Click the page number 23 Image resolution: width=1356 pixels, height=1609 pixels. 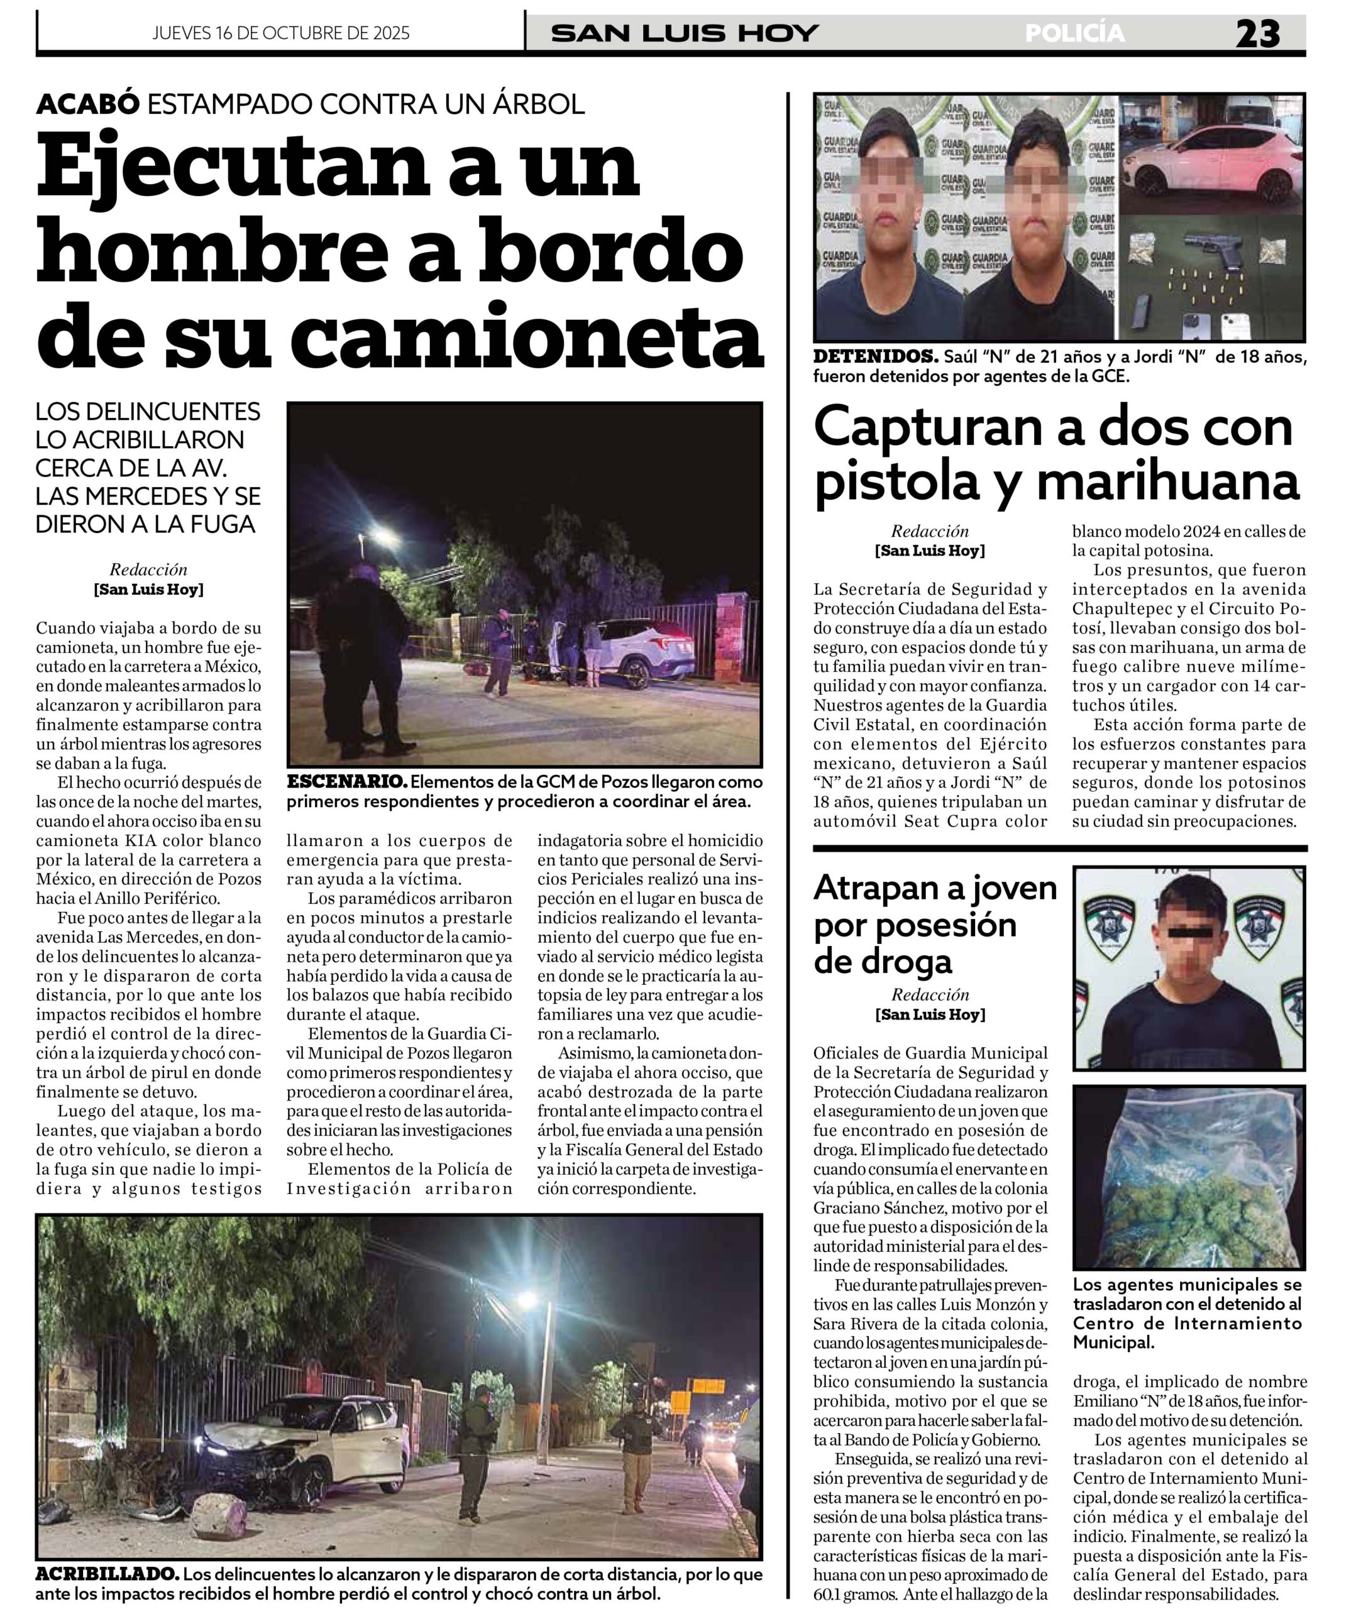[1257, 35]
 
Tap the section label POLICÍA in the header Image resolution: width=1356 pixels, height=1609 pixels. [1074, 34]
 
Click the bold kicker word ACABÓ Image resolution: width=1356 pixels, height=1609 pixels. [87, 104]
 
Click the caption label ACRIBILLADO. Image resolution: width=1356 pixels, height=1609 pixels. [107, 1574]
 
